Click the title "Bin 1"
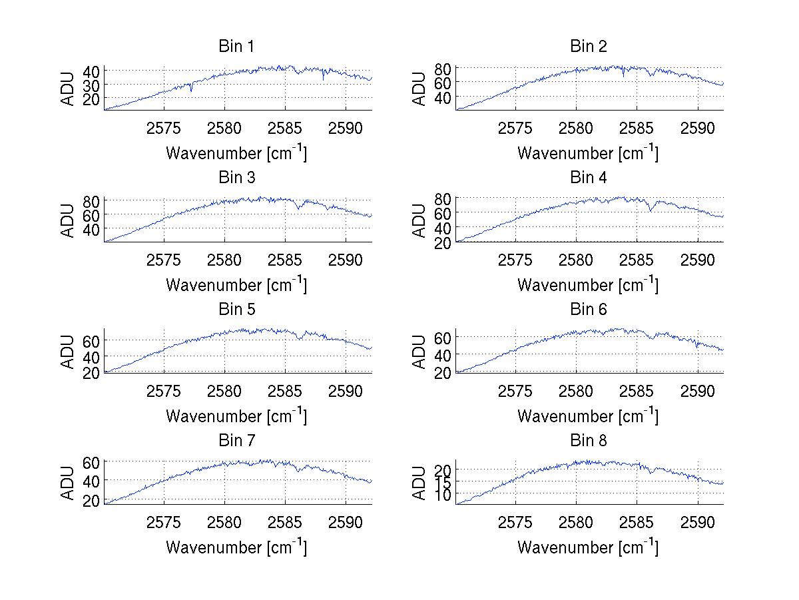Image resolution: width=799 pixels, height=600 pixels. coord(236,47)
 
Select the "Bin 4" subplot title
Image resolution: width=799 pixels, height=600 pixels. coord(589,178)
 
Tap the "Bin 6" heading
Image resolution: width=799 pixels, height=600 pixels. coord(589,309)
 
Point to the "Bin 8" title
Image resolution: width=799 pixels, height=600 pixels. coord(589,440)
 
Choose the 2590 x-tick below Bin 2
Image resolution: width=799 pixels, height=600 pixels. coord(698,128)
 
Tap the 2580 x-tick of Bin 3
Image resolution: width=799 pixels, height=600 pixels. coord(225,259)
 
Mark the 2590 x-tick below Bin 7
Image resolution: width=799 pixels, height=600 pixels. coord(346,521)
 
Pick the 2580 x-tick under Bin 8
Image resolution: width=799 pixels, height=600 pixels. coord(577,521)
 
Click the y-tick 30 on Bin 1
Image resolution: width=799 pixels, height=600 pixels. coord(91,85)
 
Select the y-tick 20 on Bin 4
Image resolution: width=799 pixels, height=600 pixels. coord(443,242)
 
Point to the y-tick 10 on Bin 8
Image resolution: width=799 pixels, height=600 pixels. coord(443,493)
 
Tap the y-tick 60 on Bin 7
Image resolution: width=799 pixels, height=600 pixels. coord(91,461)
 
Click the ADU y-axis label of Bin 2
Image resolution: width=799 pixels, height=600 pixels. coord(419,89)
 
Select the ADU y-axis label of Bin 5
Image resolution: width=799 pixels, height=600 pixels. coord(68,352)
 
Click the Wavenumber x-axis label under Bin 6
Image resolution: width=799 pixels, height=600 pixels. coord(588,416)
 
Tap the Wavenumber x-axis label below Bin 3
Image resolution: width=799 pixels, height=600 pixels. coord(236,285)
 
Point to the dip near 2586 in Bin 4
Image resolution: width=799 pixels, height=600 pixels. coord(650,210)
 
